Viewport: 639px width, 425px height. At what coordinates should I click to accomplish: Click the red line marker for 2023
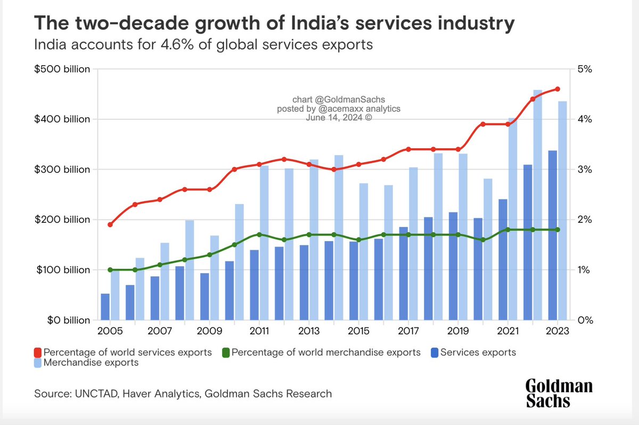click(558, 89)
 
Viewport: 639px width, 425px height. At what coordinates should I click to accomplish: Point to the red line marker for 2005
click(110, 224)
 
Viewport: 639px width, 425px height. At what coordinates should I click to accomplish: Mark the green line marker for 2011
click(259, 235)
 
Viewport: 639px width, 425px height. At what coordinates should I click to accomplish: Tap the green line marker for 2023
click(558, 229)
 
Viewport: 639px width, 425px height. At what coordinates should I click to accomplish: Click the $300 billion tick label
click(62, 170)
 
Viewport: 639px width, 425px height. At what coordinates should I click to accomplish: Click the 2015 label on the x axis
click(358, 331)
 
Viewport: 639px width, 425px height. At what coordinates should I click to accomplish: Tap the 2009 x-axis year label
click(209, 331)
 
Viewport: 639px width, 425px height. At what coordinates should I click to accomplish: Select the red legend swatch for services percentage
click(37, 352)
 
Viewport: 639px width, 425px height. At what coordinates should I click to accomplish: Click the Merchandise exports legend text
click(91, 363)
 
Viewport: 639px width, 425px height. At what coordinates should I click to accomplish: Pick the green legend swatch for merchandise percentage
click(226, 352)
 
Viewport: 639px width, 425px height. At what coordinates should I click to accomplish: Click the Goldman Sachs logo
click(559, 394)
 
